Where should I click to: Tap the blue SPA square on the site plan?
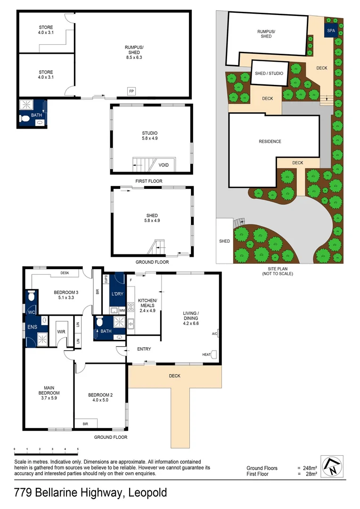(331, 31)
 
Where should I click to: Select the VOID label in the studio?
(164, 165)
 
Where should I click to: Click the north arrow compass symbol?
(333, 467)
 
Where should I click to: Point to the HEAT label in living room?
(206, 354)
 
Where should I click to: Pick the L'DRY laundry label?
(117, 294)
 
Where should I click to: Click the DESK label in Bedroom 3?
(65, 273)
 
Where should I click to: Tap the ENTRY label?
(144, 349)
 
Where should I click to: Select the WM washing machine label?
(122, 310)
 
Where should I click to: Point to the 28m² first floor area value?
(311, 474)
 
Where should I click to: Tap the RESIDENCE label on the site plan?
(270, 141)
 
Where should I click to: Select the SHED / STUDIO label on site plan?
(269, 73)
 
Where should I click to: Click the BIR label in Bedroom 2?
(85, 424)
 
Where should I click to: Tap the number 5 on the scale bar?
(78, 450)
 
